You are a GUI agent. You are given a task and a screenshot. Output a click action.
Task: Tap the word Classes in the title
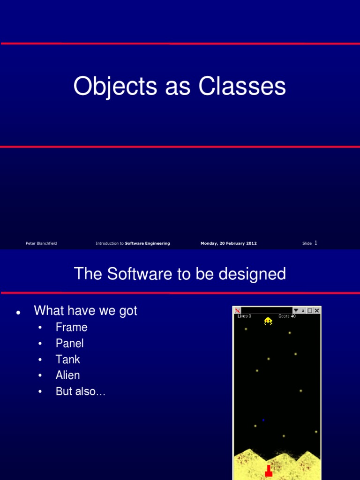(242, 87)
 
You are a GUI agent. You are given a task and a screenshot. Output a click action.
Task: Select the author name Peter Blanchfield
(41, 243)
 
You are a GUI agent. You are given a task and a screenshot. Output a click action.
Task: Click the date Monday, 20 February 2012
(228, 243)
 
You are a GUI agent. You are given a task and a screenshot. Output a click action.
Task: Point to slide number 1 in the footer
(316, 243)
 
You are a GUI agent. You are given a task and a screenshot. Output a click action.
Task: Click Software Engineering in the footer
(147, 243)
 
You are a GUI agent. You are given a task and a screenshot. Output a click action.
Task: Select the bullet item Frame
(71, 327)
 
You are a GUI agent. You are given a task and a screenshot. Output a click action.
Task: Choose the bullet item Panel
(69, 343)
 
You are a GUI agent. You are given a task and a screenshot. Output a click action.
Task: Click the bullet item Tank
(67, 360)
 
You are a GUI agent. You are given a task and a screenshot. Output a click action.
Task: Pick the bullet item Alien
(67, 375)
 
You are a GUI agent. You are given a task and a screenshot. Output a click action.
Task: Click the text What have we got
(85, 310)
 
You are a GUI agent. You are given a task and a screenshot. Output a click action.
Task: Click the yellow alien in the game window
(268, 321)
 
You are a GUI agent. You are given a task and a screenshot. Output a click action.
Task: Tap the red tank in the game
(269, 470)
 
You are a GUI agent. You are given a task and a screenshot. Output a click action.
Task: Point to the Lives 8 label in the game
(244, 316)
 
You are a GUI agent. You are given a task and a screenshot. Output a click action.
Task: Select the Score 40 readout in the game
(287, 316)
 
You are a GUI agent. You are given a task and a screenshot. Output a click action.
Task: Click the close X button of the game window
(317, 310)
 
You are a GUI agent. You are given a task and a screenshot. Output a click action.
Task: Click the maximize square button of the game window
(310, 310)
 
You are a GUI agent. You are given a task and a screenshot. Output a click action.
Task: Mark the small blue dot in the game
(263, 420)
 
